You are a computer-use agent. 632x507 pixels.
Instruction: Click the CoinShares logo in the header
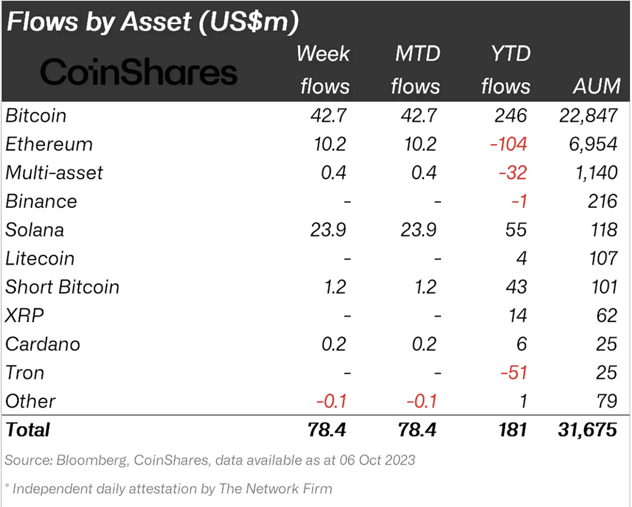(138, 72)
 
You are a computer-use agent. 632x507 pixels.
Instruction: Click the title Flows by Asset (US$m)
(153, 22)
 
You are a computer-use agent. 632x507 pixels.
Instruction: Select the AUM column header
(596, 86)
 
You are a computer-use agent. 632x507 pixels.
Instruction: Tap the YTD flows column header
(507, 70)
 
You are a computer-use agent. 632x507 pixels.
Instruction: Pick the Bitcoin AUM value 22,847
(588, 116)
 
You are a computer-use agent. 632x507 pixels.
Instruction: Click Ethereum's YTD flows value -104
(508, 144)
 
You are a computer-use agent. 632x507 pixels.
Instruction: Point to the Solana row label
(35, 230)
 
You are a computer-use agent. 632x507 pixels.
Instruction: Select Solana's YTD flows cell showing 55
(515, 230)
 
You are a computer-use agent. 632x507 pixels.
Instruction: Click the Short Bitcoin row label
(62, 287)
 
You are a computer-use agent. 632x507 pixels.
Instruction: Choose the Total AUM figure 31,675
(587, 430)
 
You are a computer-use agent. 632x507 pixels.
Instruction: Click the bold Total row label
(28, 430)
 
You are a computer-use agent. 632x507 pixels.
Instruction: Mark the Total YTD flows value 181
(512, 430)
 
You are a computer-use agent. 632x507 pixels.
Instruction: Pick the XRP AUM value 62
(606, 315)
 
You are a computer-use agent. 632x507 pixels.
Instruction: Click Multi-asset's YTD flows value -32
(512, 173)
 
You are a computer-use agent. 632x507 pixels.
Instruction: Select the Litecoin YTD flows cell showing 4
(521, 259)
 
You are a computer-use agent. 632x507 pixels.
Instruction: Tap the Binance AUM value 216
(602, 202)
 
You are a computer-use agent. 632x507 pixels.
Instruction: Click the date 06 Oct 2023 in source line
(377, 460)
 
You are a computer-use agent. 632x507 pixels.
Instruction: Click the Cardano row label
(43, 344)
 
